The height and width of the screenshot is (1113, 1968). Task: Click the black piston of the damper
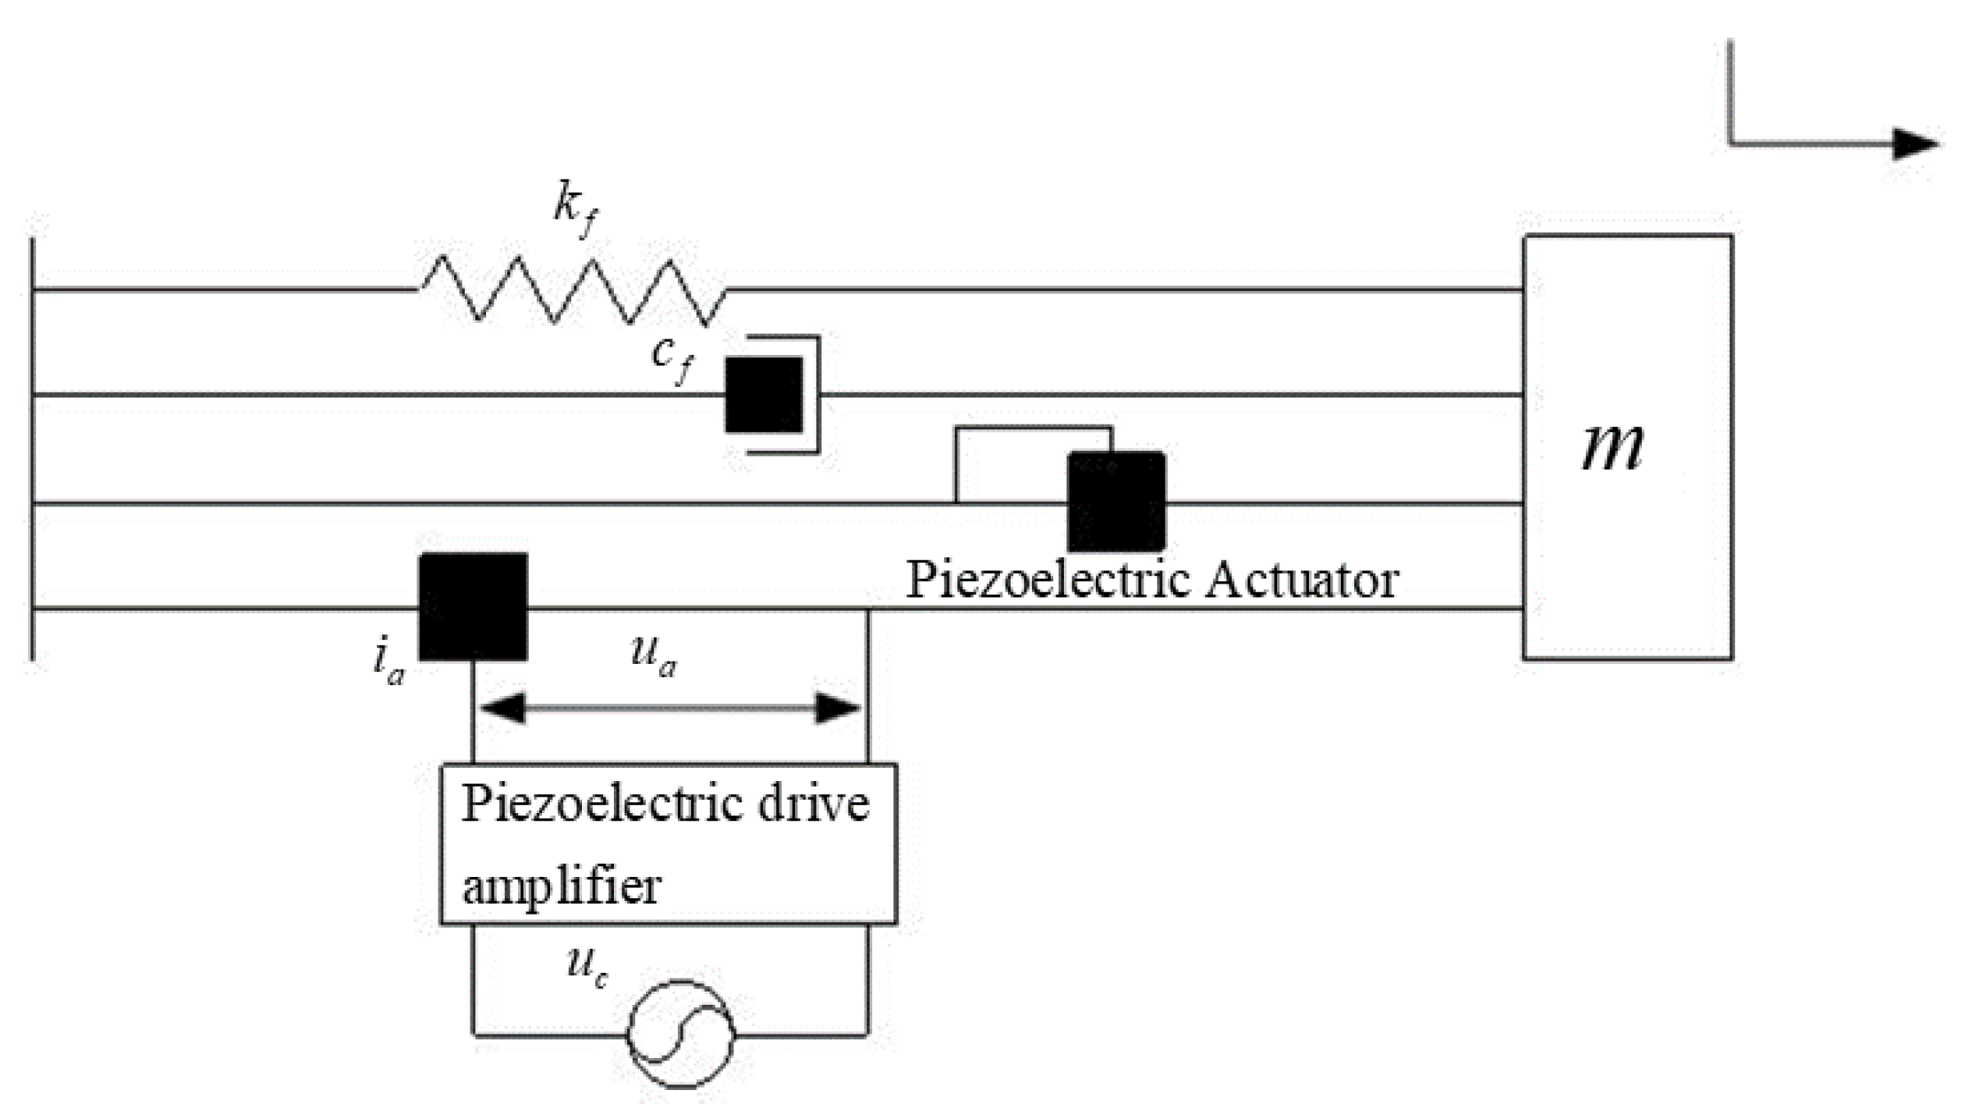(x=763, y=395)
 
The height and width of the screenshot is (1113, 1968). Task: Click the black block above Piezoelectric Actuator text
(x=1116, y=501)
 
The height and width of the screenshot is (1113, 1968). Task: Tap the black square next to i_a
(x=473, y=606)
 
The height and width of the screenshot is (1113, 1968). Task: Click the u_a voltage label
(x=653, y=656)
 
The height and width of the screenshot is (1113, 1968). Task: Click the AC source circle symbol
(x=680, y=1033)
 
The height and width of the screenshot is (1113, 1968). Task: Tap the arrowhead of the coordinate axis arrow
(x=1915, y=144)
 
